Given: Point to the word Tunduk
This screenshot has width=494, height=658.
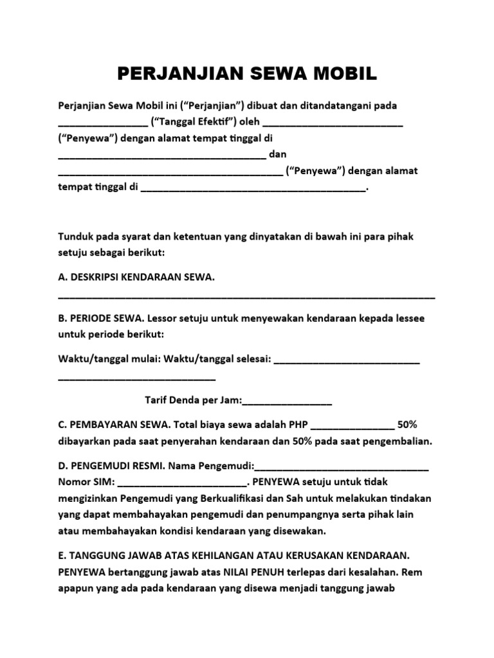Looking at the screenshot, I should pos(76,236).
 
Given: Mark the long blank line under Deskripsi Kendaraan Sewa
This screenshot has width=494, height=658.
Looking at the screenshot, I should pos(246,296).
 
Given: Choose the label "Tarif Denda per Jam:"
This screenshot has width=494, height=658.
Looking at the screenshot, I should pos(193,401).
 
